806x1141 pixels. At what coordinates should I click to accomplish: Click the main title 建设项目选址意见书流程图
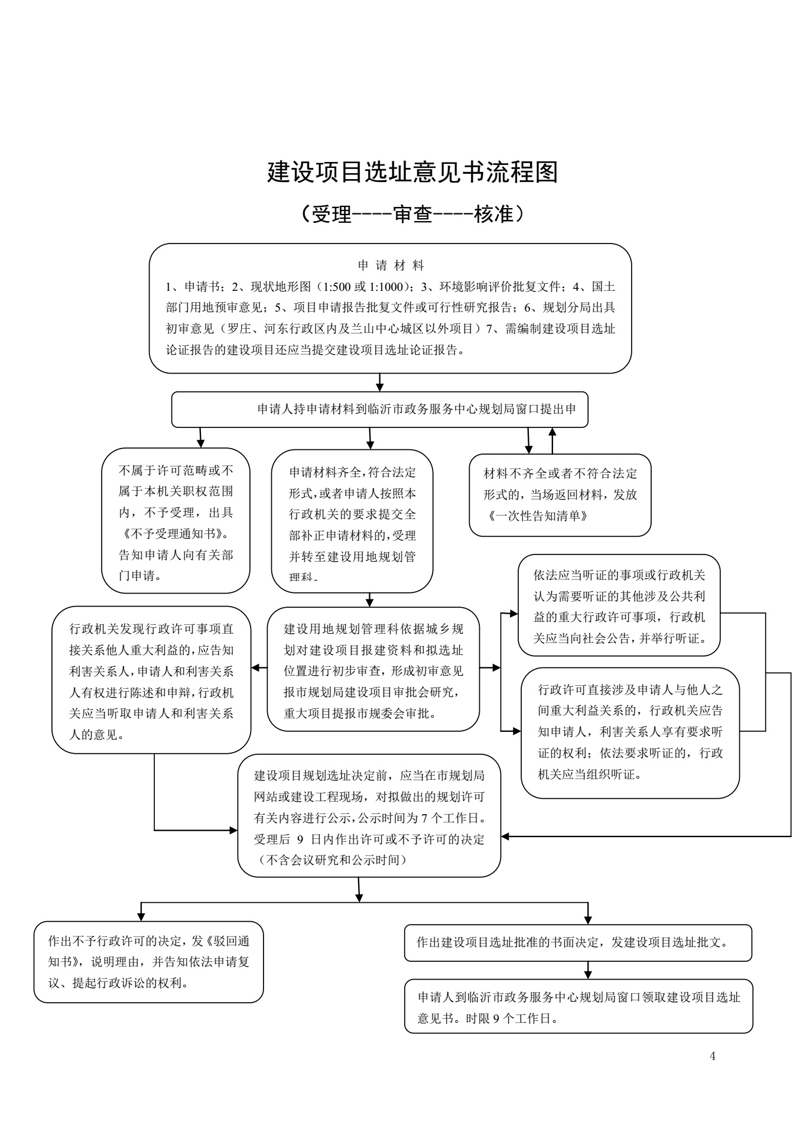pyautogui.click(x=412, y=172)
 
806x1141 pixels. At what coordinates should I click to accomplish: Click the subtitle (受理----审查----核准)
pyautogui.click(x=412, y=214)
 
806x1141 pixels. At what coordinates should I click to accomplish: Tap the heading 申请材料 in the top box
pyautogui.click(x=391, y=265)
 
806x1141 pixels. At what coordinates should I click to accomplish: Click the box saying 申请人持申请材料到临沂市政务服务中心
pyautogui.click(x=379, y=409)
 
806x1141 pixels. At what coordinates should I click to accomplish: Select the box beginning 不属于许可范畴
pyautogui.click(x=175, y=520)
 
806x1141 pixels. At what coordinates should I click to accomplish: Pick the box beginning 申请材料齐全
pyautogui.click(x=352, y=520)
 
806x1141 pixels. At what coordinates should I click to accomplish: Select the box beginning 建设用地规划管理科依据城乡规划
pyautogui.click(x=373, y=669)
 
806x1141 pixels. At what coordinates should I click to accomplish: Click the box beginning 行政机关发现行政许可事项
pyautogui.click(x=151, y=680)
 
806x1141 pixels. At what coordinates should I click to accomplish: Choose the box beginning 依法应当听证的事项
pyautogui.click(x=619, y=605)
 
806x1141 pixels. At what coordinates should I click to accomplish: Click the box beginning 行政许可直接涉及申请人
pyautogui.click(x=630, y=733)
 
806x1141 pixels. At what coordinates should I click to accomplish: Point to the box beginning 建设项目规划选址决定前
pyautogui.click(x=369, y=815)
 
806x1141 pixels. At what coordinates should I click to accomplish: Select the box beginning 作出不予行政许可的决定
pyautogui.click(x=148, y=962)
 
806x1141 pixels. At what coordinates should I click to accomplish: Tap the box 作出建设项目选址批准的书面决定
pyautogui.click(x=578, y=943)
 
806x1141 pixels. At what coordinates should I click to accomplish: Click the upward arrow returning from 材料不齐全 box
pyautogui.click(x=552, y=440)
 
